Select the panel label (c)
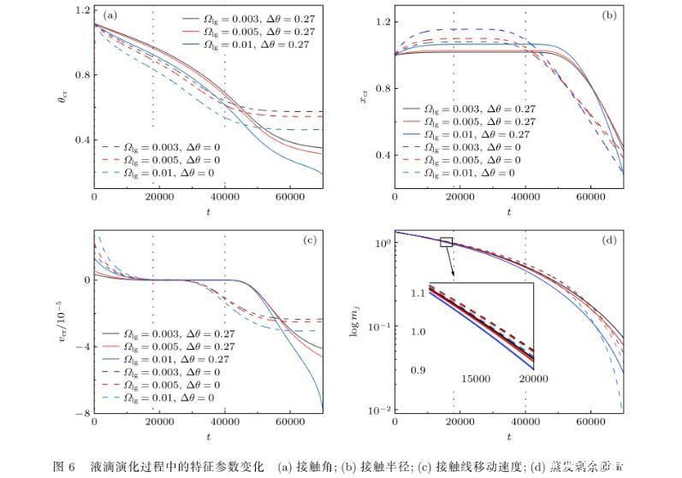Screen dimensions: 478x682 (311, 240)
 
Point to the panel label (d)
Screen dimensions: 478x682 (609, 240)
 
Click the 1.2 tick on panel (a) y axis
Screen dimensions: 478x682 (82, 11)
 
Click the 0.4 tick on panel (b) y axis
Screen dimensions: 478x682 (383, 155)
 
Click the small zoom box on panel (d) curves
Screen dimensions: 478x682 (446, 242)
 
